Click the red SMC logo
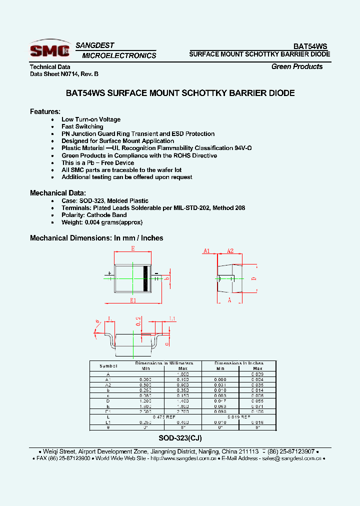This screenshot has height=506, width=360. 49,49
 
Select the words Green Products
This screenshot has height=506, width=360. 297,66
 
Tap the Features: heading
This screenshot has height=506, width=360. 45,111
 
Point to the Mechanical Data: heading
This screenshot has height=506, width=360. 58,193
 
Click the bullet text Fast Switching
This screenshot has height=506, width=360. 82,126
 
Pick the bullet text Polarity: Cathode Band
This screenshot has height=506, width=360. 94,215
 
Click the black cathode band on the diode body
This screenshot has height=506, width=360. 146,278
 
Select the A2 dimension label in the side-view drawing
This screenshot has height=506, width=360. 230,251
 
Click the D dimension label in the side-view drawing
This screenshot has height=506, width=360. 253,278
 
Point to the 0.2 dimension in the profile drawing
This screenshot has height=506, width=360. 138,321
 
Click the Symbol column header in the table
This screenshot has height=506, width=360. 108,366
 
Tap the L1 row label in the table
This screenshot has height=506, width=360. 108,422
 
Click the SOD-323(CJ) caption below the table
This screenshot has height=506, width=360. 180,437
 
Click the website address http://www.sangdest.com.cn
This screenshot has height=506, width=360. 183,458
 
